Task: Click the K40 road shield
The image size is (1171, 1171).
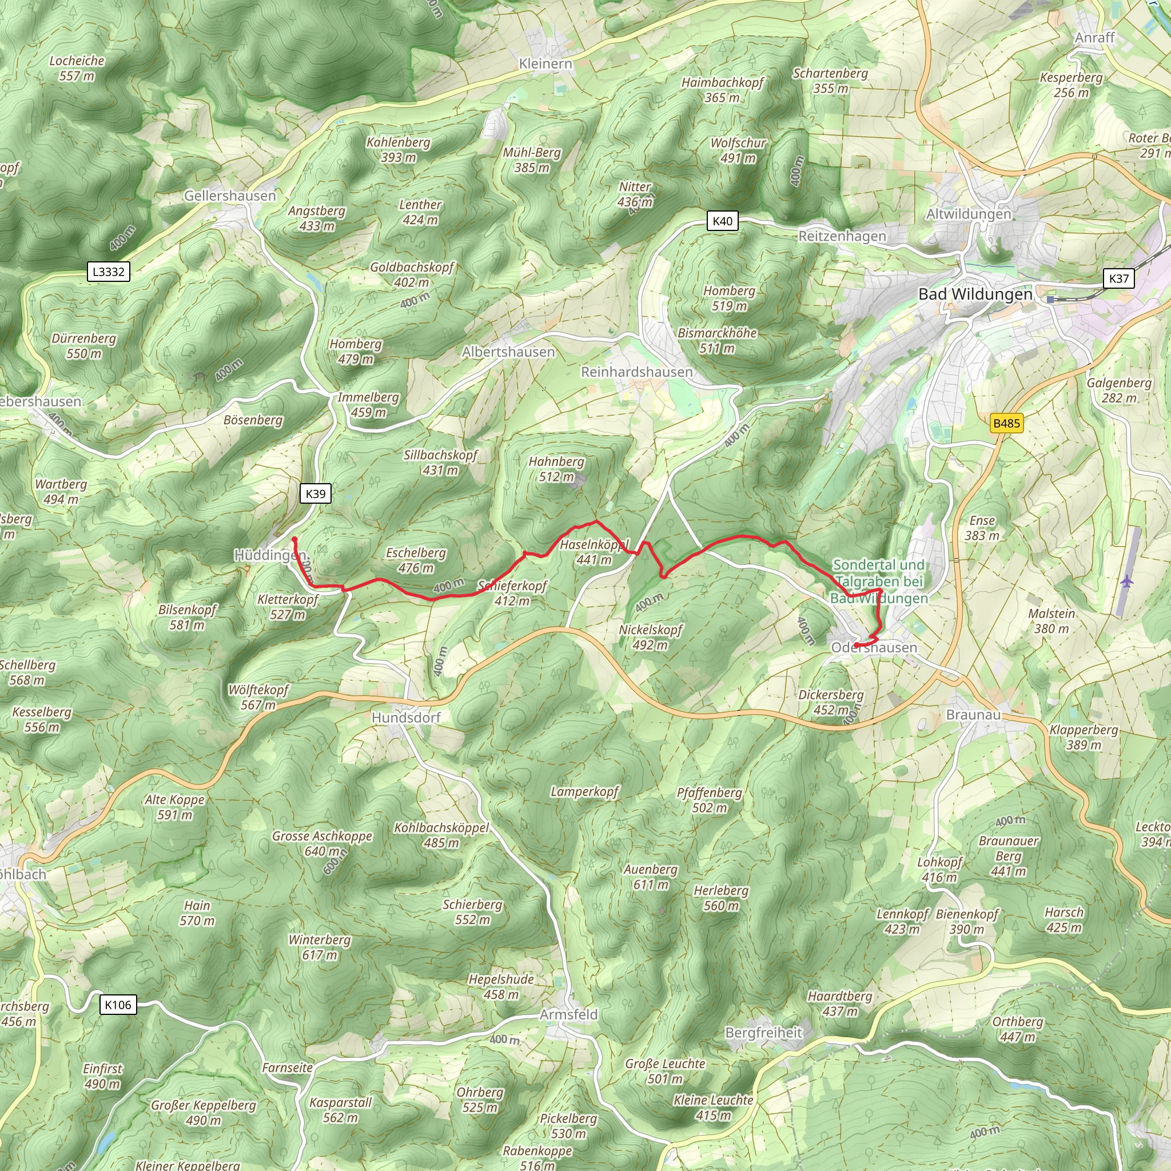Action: [722, 221]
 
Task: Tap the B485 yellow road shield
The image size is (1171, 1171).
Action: [1007, 423]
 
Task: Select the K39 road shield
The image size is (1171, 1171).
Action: [315, 493]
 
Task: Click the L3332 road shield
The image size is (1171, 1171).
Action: [109, 272]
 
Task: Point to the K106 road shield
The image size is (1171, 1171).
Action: [118, 1005]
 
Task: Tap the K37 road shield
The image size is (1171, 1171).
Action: [1118, 278]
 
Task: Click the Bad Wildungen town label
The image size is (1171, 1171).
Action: [975, 294]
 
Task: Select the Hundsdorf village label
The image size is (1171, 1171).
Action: [405, 718]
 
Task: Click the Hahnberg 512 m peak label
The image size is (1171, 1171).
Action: [556, 469]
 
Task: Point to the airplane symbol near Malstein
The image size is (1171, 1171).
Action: [1126, 581]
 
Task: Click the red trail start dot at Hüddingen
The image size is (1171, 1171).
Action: [294, 539]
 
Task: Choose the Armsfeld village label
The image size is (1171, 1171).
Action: [568, 1015]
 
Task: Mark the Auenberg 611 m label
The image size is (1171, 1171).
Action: [650, 877]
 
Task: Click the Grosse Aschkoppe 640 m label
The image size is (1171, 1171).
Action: [322, 843]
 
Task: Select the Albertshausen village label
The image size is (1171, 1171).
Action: [508, 352]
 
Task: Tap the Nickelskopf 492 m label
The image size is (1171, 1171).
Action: [650, 637]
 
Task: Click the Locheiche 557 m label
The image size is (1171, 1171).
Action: [77, 68]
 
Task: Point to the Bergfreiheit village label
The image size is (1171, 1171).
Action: [763, 1033]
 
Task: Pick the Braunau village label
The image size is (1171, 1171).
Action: [973, 715]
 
